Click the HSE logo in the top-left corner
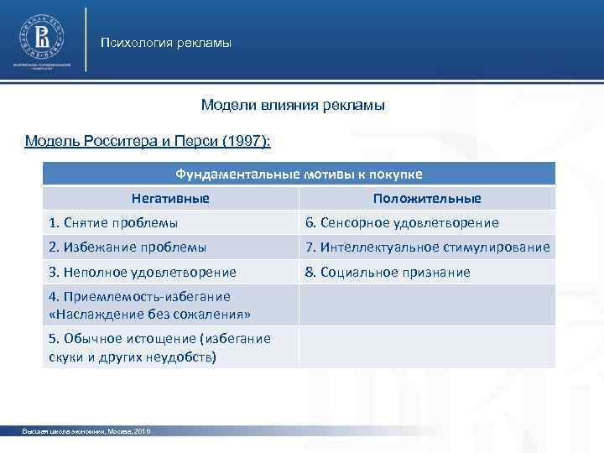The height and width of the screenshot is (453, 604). (x=41, y=38)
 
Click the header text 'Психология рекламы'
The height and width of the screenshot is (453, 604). (x=165, y=42)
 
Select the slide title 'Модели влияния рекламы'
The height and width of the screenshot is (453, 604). (x=293, y=106)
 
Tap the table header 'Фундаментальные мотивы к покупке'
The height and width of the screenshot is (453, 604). (x=299, y=174)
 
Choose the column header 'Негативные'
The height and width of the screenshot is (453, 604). (x=170, y=199)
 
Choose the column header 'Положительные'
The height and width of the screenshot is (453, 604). (x=427, y=199)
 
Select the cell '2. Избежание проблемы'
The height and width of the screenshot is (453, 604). (x=128, y=247)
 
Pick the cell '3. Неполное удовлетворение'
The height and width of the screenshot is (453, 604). (x=143, y=272)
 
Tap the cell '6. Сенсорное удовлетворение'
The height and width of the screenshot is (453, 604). (x=402, y=223)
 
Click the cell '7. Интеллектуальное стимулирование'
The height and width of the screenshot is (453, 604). (x=428, y=247)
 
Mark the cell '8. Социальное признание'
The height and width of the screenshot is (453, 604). (x=388, y=272)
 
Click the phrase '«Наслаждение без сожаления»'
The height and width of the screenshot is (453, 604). (x=150, y=314)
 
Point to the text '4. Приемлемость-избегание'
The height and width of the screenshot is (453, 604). (x=139, y=296)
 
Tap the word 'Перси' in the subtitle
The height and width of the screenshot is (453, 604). (x=195, y=140)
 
